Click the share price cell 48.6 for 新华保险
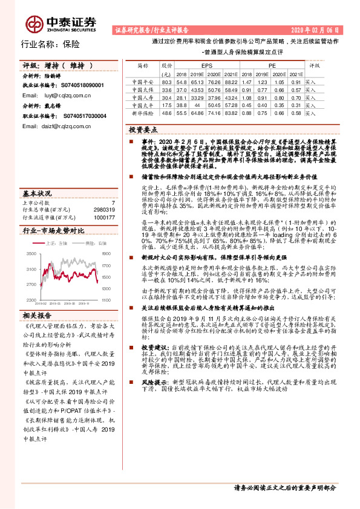[x=167, y=113]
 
